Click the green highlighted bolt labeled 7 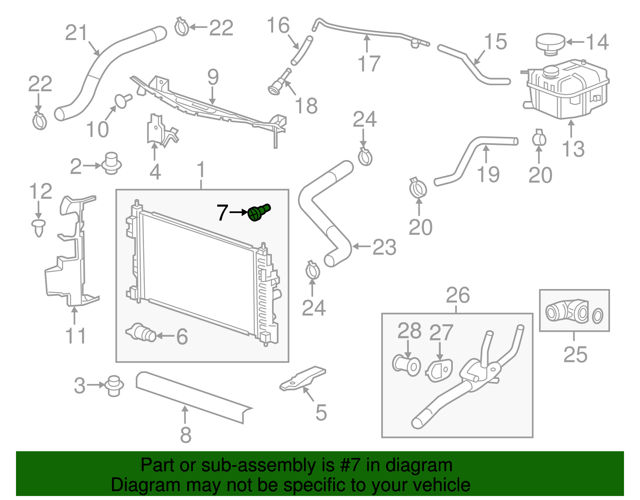click(x=258, y=212)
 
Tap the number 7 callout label click(x=222, y=213)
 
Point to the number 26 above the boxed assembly click(x=458, y=296)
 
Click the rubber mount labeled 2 click(x=112, y=163)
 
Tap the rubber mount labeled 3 click(x=114, y=385)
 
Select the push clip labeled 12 click(x=38, y=227)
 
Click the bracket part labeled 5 click(x=303, y=378)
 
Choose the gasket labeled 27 click(x=439, y=370)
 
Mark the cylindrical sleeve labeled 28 click(x=406, y=364)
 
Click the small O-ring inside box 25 click(x=598, y=315)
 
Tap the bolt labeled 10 click(x=122, y=100)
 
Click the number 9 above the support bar click(x=213, y=77)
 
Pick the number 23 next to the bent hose click(x=384, y=247)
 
